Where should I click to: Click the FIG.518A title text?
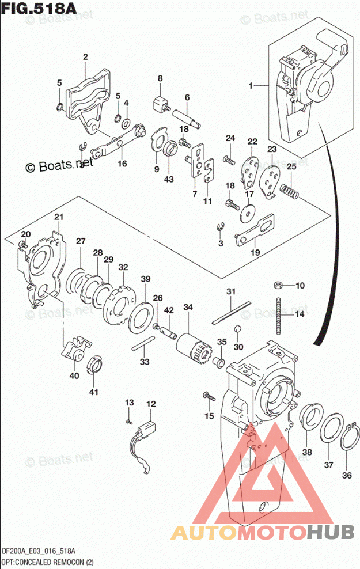click(x=35, y=10)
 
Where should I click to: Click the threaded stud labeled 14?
click(x=279, y=315)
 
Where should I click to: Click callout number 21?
click(x=58, y=217)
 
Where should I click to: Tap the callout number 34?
click(x=188, y=308)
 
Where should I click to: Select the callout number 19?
click(x=255, y=252)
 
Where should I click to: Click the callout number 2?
click(x=85, y=56)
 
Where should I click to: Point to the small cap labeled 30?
click(x=237, y=329)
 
